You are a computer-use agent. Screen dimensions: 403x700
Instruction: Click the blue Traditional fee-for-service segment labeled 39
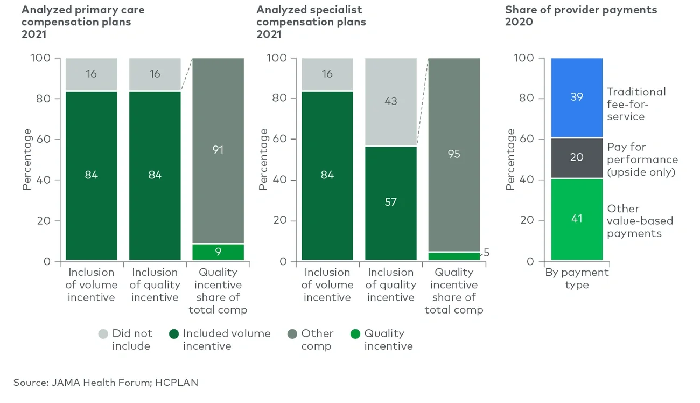point(577,98)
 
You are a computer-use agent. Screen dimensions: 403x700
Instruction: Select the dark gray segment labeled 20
point(577,158)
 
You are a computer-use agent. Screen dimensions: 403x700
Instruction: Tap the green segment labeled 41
point(577,219)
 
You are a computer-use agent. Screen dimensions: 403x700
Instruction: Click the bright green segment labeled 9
point(218,252)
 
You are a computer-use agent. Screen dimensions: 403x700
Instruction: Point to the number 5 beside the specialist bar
point(486,252)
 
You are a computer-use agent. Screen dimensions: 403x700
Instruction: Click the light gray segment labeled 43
point(390,101)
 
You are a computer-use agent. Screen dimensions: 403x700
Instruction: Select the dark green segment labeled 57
point(390,203)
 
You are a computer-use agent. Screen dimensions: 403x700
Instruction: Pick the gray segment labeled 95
point(453,154)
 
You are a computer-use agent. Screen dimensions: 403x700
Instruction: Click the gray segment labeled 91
point(218,150)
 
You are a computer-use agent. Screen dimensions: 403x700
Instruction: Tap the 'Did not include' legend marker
point(103,334)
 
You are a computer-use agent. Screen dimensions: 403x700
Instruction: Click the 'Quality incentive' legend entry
point(383,339)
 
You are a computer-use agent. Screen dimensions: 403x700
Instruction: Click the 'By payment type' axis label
point(577,279)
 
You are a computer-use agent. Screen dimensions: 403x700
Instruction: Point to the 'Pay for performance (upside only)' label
point(642,159)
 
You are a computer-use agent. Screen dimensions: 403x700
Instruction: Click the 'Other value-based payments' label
point(639,221)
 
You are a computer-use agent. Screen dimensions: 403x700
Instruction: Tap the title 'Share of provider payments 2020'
point(580,16)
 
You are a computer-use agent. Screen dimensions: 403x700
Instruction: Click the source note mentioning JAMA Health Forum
point(106,383)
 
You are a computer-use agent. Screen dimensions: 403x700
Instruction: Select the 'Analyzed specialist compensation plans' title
point(311,16)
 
